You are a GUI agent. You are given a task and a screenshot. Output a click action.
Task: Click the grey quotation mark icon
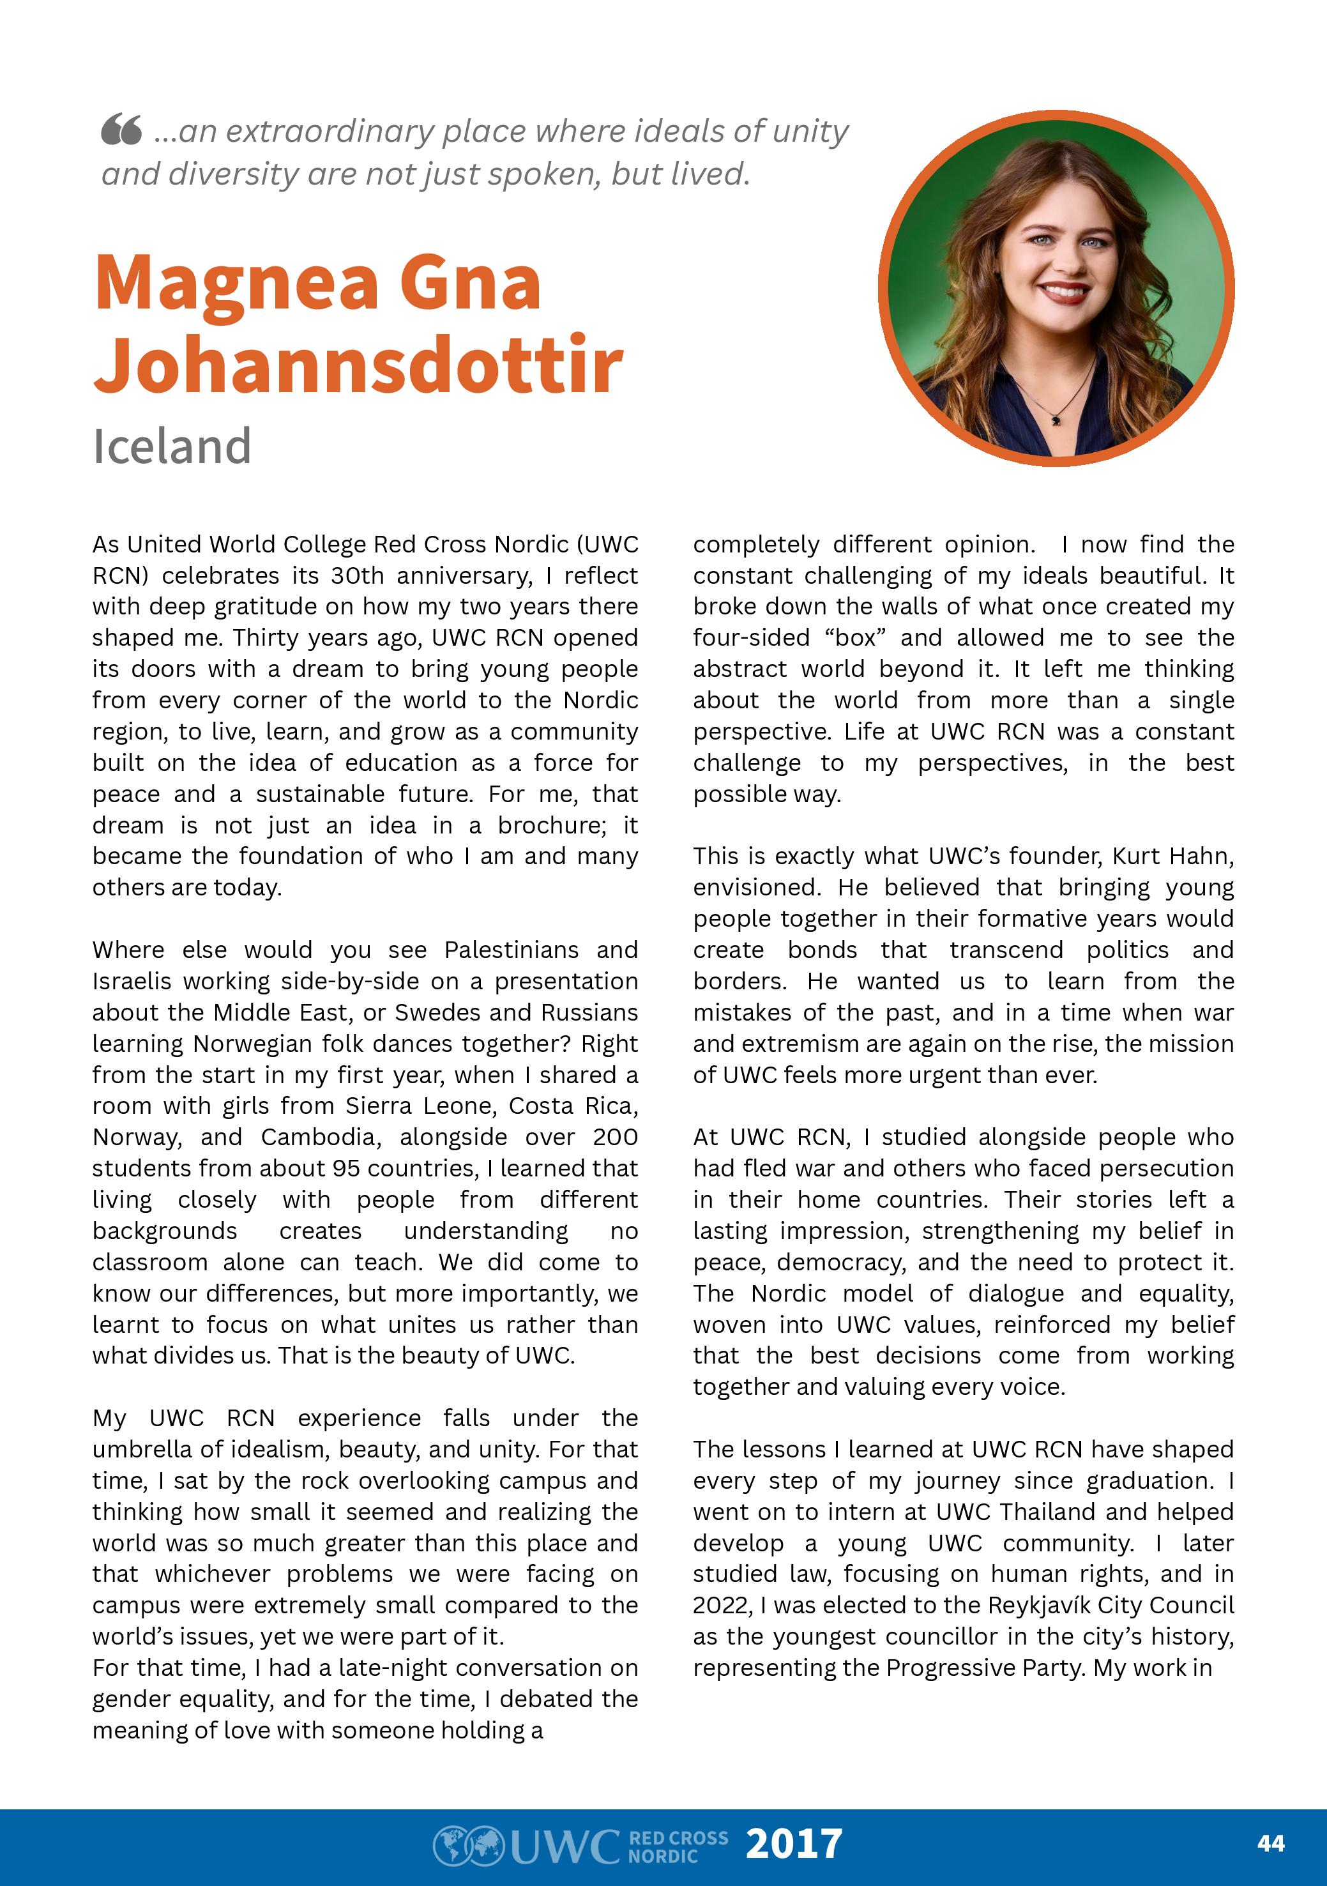(121, 130)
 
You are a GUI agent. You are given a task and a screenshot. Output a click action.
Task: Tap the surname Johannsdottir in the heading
(359, 364)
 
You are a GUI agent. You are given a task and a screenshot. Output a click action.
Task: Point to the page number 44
(1270, 1843)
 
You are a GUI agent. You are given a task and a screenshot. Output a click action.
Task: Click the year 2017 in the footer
(793, 1843)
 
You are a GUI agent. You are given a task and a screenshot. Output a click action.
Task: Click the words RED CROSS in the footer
(678, 1837)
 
